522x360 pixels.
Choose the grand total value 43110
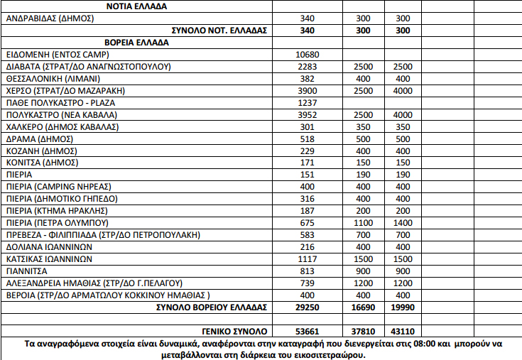tap(403, 331)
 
